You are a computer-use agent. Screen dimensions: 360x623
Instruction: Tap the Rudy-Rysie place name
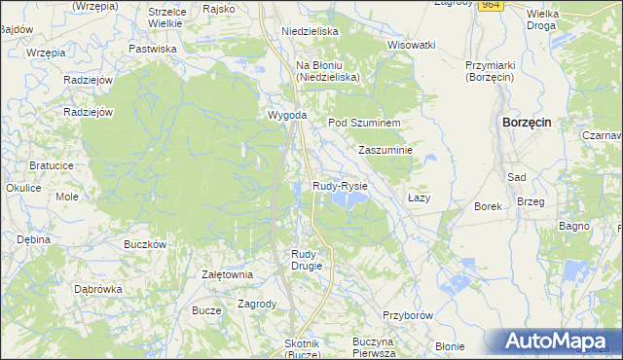coord(340,185)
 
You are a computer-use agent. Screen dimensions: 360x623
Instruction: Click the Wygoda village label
coord(287,116)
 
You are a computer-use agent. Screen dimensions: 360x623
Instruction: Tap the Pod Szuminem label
coord(364,123)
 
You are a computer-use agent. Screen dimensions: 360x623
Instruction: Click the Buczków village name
coord(146,244)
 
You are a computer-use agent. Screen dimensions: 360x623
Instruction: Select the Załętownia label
coord(227,274)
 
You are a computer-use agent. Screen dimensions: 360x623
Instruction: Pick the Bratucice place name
coord(52,165)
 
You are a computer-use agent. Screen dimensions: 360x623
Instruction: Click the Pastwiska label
coord(153,48)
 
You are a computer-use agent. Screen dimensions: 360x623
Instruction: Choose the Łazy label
coord(419,198)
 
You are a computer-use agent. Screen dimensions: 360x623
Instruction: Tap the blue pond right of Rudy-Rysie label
coord(348,199)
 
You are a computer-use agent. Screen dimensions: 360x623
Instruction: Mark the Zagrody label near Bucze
coord(258,304)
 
